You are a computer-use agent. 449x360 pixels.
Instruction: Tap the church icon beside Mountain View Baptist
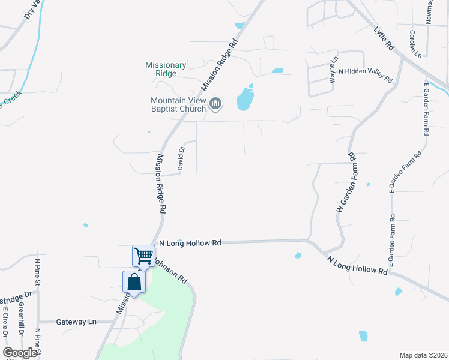coord(215,105)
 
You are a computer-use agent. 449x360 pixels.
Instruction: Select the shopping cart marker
coord(143,256)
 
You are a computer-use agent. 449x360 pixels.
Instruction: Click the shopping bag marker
coord(134,283)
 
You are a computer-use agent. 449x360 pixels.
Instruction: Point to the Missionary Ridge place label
coord(166,69)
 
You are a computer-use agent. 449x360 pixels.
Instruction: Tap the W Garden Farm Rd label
coord(346,182)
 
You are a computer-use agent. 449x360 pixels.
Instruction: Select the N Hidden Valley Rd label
coord(365,75)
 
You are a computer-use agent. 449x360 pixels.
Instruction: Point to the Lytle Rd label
coord(383,38)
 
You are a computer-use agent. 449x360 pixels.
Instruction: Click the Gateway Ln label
coord(76,322)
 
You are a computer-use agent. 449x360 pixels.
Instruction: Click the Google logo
coord(20,353)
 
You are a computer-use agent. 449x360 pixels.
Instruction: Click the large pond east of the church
coord(244,100)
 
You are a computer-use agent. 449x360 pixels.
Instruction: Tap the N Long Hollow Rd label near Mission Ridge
coord(190,243)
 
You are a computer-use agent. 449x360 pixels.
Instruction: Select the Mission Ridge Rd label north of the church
coord(220,65)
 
